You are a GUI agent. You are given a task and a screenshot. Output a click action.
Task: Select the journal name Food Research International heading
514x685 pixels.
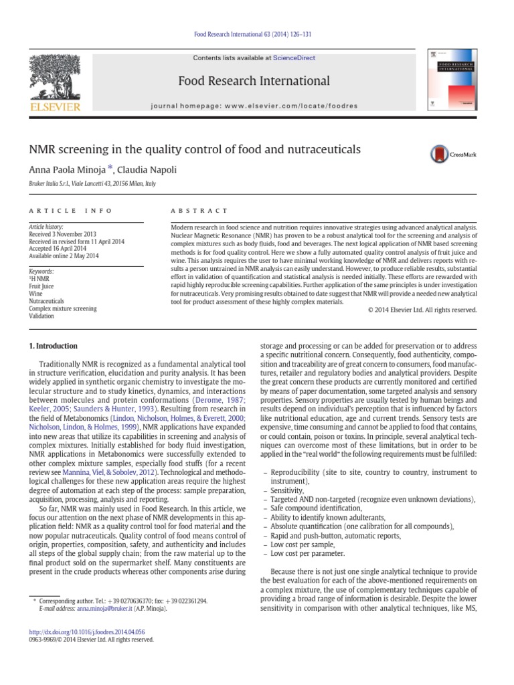tap(254, 82)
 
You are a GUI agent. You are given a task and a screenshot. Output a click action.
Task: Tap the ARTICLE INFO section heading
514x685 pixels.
tap(71, 210)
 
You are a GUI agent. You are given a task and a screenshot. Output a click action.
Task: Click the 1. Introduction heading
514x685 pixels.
tap(53, 346)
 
